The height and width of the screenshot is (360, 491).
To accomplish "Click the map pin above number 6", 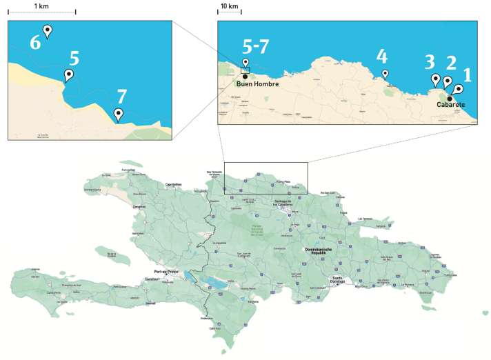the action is [x=48, y=30].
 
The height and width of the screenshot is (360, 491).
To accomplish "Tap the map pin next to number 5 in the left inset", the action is [x=69, y=74].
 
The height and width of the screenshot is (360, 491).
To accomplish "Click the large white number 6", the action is [x=35, y=42].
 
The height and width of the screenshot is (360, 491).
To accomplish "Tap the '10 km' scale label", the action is [x=229, y=6].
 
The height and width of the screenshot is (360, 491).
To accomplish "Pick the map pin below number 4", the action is [x=385, y=74].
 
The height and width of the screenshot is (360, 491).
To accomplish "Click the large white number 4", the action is [x=382, y=55].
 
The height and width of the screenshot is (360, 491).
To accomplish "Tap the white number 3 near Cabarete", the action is [x=429, y=61].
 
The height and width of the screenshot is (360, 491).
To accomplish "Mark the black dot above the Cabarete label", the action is [x=450, y=97].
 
